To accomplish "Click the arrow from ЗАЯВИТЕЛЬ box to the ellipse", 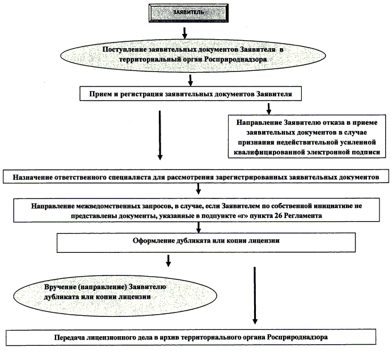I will (183, 31).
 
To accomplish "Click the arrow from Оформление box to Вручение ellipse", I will (168, 260).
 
